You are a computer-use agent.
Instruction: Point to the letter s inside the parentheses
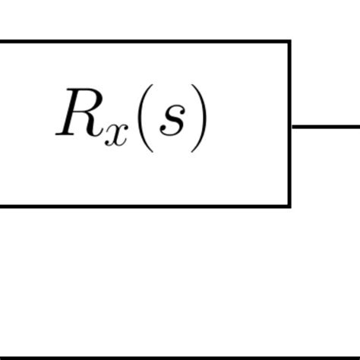172,123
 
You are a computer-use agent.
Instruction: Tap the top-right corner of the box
289,42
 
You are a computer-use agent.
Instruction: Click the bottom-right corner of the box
289,205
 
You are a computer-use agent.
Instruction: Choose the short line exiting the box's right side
327,127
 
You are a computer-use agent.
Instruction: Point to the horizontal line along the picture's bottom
180,357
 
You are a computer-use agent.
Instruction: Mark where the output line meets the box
292,127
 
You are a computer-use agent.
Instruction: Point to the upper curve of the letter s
174,112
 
